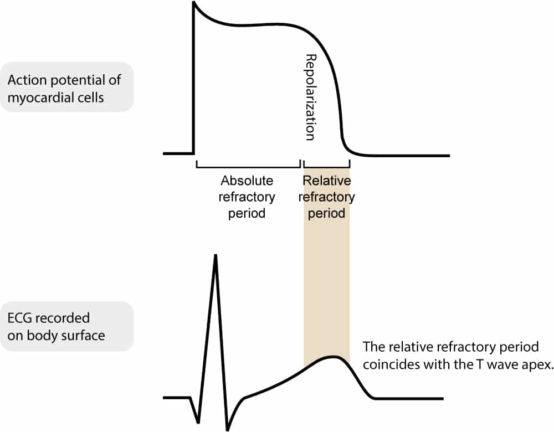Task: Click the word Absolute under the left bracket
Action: coord(247,181)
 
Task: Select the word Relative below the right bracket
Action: coord(327,181)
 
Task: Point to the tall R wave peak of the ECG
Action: coord(215,256)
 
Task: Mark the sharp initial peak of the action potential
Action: coord(194,3)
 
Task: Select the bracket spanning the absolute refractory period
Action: coord(248,165)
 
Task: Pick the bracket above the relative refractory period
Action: coord(327,165)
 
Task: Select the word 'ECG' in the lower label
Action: coord(20,319)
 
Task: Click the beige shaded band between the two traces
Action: coord(327,277)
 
